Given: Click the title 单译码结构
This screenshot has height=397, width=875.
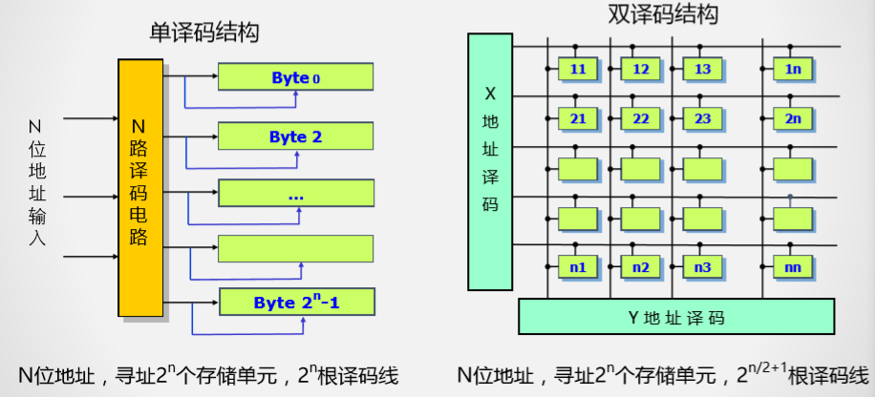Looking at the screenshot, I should (205, 31).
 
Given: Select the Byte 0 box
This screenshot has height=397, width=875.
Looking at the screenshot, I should (295, 77).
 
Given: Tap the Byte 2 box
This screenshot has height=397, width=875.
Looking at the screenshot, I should (295, 136).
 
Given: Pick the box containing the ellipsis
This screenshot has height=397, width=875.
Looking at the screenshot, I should (295, 194).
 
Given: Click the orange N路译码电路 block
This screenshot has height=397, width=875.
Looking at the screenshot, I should (139, 188).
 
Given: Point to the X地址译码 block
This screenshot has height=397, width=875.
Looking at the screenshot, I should (491, 162).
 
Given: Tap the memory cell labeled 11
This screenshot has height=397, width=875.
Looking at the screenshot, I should (578, 70).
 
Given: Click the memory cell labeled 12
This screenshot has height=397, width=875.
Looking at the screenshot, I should (641, 70).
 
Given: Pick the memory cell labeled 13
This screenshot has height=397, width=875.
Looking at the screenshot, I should (702, 70).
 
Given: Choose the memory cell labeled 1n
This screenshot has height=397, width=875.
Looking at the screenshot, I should (793, 70).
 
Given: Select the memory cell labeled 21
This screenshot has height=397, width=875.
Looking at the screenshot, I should (578, 119).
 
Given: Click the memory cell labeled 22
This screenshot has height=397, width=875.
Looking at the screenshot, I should (641, 119).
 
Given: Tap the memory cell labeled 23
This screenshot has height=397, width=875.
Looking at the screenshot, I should (702, 119).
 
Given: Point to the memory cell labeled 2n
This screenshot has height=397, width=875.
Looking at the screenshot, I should (793, 119).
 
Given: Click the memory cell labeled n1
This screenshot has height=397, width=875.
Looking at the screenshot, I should (578, 268).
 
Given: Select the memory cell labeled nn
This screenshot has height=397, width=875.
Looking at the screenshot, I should (793, 268).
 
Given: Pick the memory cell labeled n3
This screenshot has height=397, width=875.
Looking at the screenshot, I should (702, 268).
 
